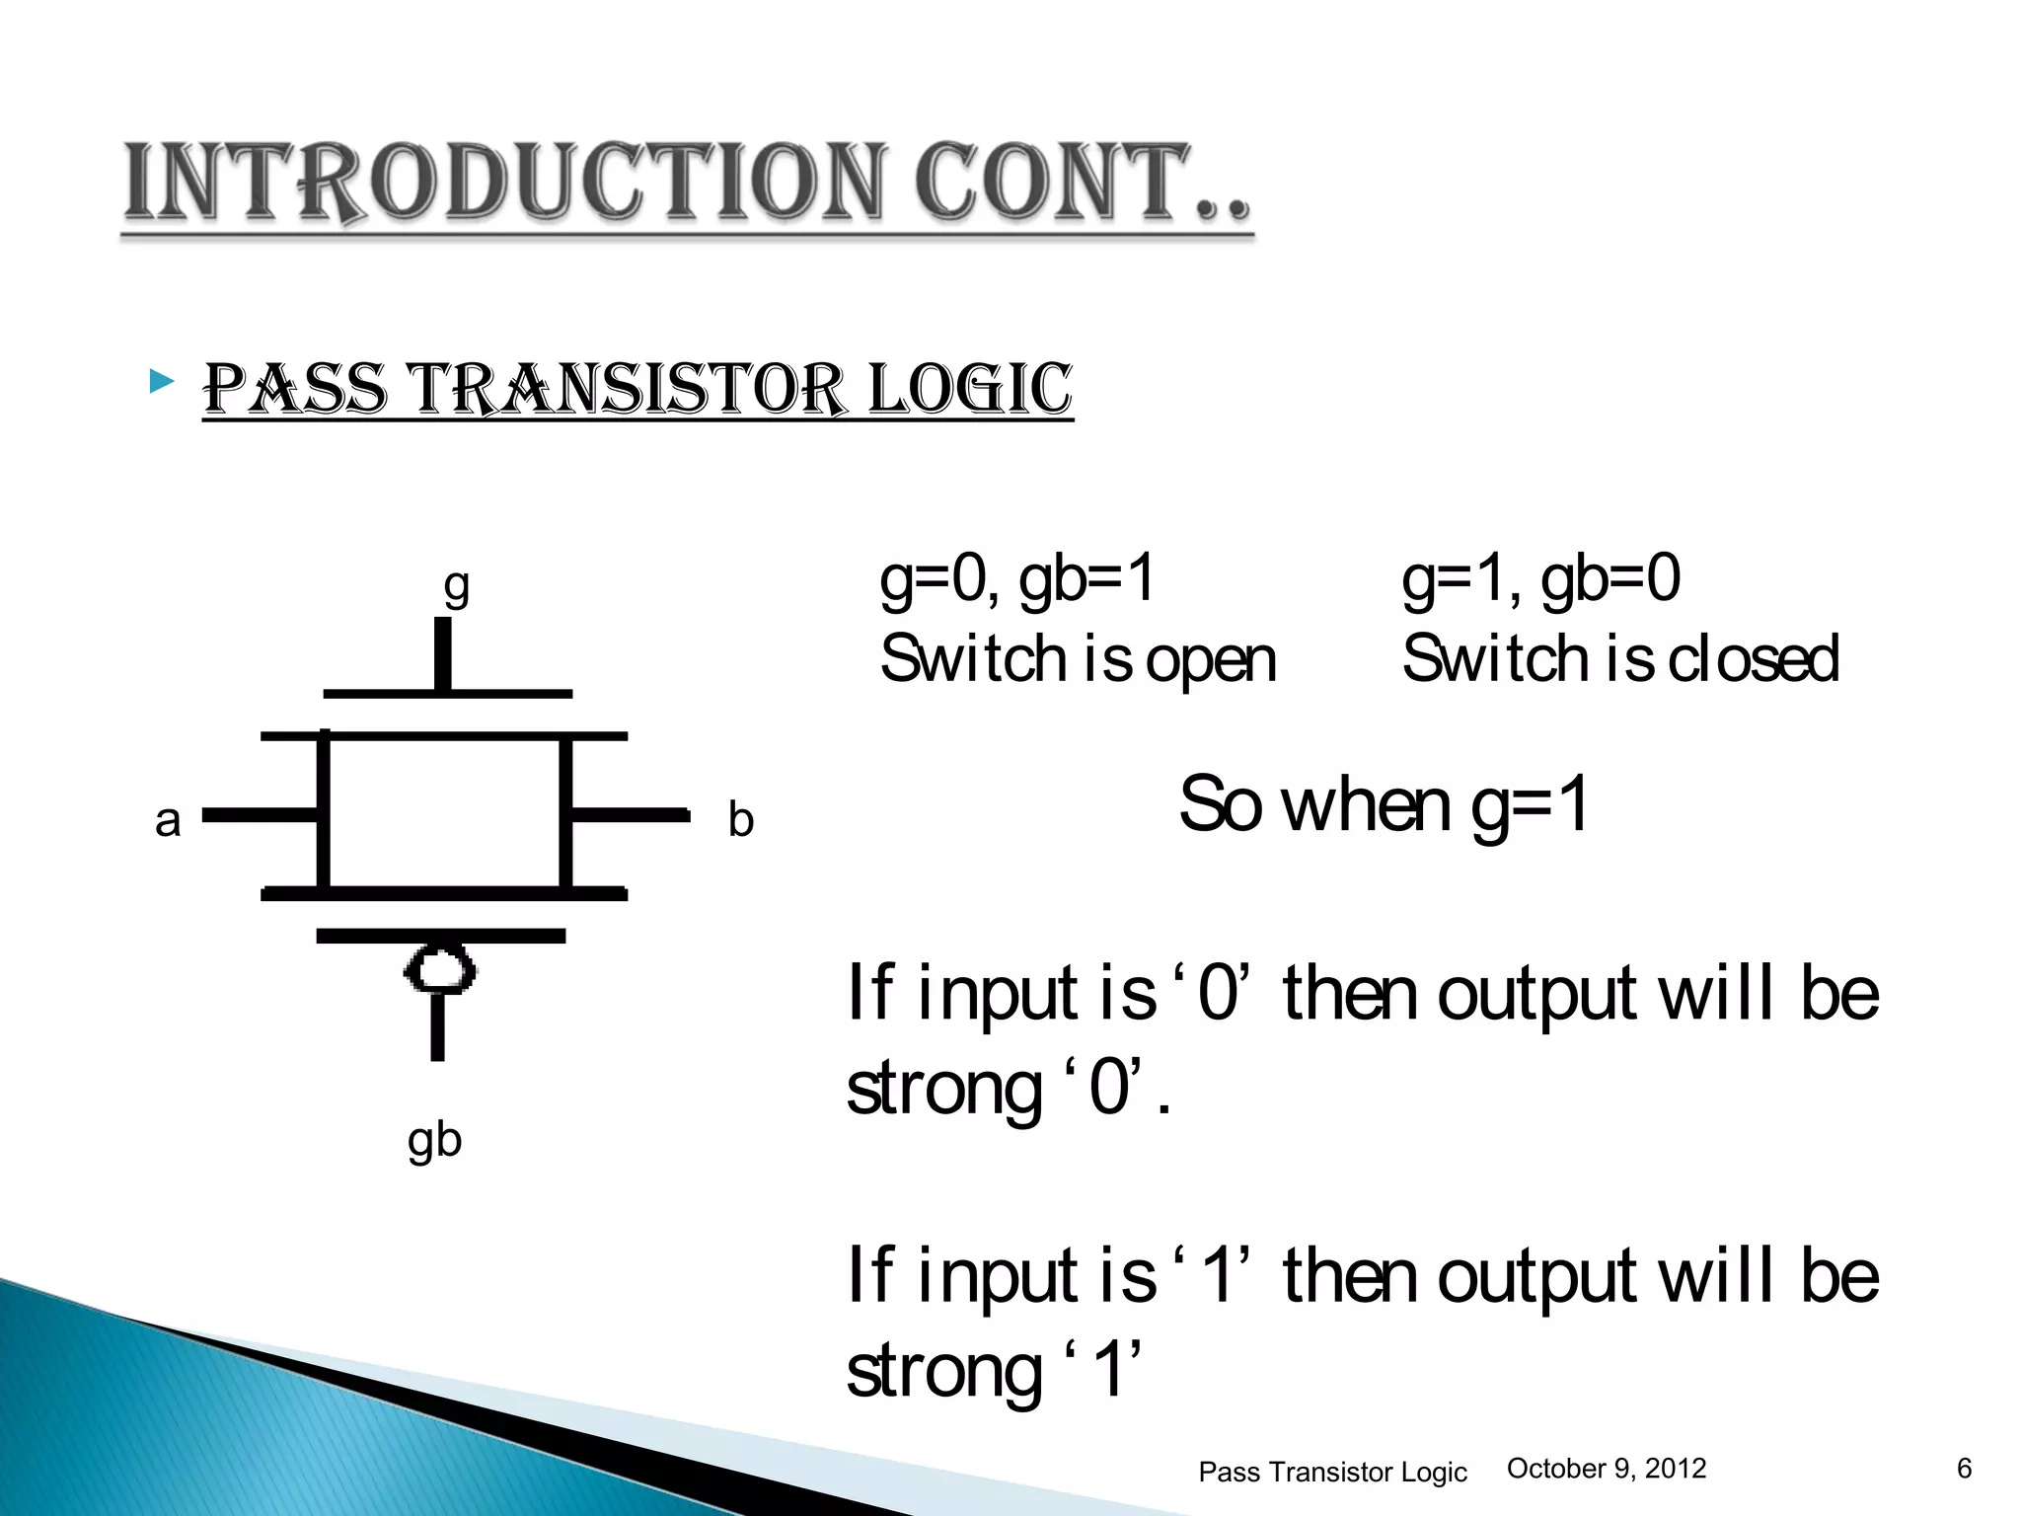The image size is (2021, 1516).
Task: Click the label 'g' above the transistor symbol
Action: pos(456,586)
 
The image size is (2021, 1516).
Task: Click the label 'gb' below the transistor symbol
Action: pos(434,1140)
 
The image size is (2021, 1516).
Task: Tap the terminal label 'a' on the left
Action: pos(168,820)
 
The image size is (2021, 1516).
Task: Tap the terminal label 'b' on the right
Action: pos(740,819)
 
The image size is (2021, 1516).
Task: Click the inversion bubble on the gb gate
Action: pos(440,971)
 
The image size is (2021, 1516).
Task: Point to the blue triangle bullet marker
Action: pos(162,382)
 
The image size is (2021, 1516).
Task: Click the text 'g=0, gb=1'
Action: pos(1016,579)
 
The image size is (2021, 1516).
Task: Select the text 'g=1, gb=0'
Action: pos(1540,579)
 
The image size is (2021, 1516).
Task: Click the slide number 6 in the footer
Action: pos(1964,1469)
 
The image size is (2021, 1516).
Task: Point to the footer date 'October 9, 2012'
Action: pos(1607,1469)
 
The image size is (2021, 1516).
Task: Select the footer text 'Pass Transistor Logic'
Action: pos(1332,1472)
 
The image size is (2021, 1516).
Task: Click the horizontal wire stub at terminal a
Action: pos(259,814)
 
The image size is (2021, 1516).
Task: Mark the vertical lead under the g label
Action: pos(443,653)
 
